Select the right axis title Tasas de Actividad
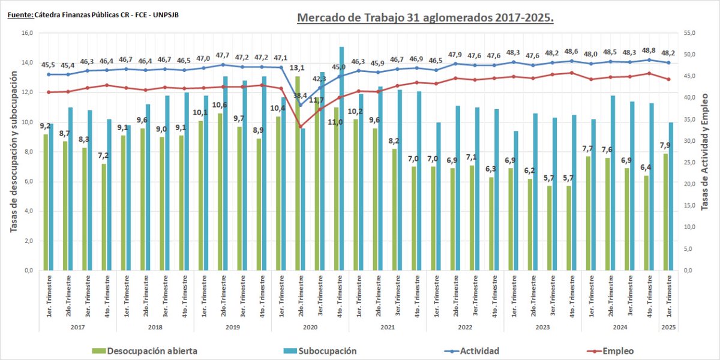(x=706, y=150)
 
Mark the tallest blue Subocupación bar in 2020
(x=341, y=159)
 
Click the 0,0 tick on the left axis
(x=26, y=271)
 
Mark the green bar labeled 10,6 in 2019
(x=220, y=192)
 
